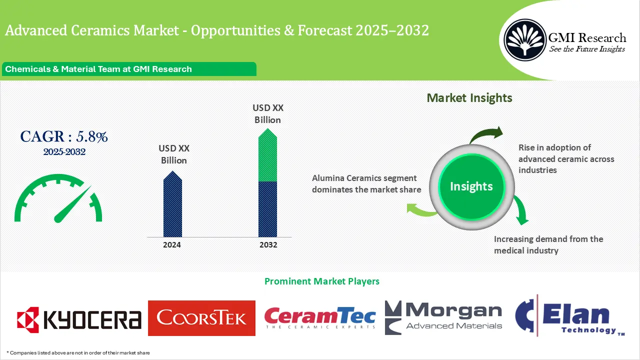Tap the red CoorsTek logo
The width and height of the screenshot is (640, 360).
(201, 318)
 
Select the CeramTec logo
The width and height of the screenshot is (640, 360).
(320, 318)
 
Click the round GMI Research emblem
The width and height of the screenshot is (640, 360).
(525, 40)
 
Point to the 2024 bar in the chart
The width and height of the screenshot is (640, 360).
(172, 206)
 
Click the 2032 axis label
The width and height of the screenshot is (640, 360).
(268, 245)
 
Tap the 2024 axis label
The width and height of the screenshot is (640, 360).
(172, 245)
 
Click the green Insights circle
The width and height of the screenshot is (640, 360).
(471, 186)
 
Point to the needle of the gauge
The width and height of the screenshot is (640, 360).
(72, 205)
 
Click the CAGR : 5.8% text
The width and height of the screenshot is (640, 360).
(64, 136)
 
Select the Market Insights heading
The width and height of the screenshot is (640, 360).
(469, 97)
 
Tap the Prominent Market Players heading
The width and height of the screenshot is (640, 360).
(321, 281)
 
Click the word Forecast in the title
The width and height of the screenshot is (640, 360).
(325, 31)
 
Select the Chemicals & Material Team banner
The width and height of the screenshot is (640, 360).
(128, 69)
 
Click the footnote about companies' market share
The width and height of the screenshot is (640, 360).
(78, 353)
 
